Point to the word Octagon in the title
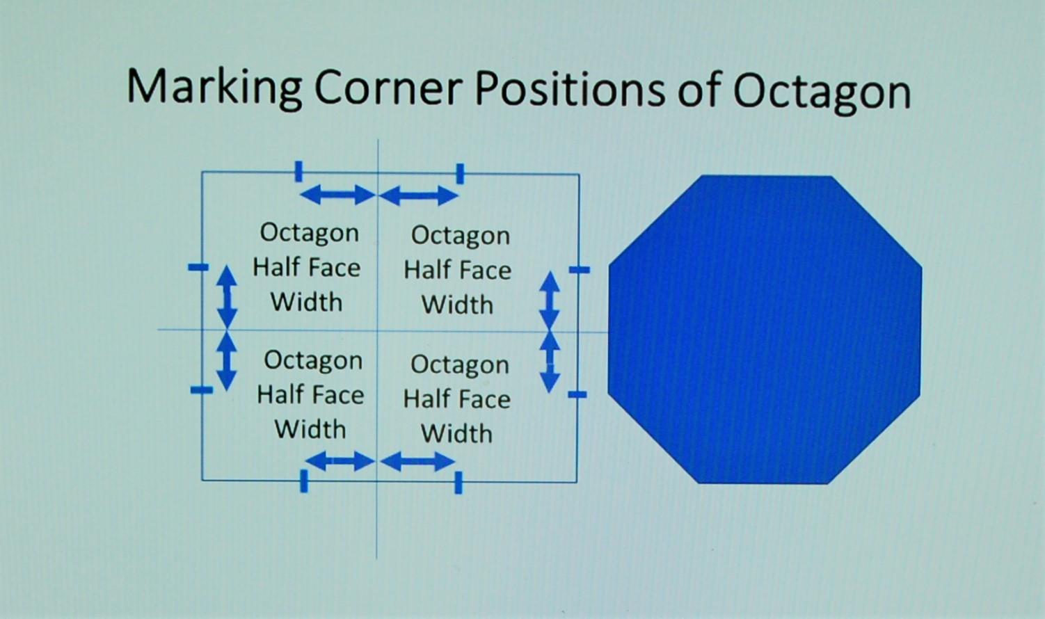pos(822,93)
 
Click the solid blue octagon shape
pos(765,330)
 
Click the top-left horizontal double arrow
pos(337,195)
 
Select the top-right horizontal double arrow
pos(418,195)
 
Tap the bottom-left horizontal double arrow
pos(340,461)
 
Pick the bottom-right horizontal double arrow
pos(417,461)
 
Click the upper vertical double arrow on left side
pos(228,297)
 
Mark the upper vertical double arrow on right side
pos(550,301)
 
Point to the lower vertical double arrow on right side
pos(550,362)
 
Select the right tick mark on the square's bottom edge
pos(458,482)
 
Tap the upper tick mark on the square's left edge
pos(198,267)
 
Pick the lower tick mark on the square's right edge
pos(577,394)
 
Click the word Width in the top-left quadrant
pos(307,303)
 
